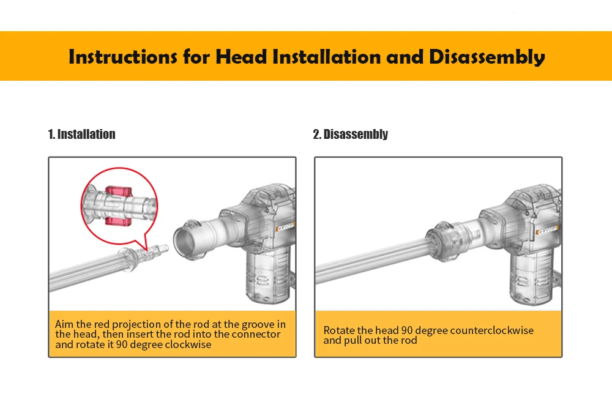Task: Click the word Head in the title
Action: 241,57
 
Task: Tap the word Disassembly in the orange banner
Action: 487,58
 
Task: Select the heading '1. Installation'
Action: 81,134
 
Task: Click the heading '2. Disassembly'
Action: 351,134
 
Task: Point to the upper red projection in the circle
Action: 119,191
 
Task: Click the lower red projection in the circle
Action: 119,221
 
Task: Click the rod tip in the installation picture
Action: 162,248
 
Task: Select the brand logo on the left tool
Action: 286,227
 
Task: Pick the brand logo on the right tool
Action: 548,230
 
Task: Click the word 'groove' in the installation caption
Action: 258,325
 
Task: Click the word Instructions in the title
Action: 122,57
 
